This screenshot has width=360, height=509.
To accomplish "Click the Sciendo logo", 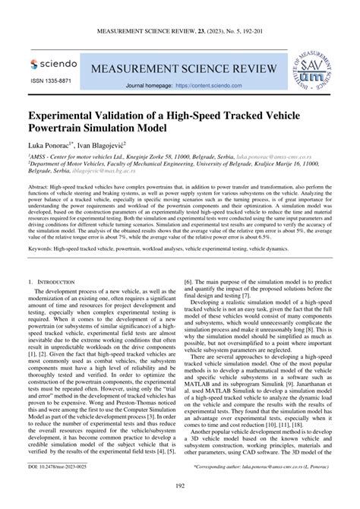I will [54, 65].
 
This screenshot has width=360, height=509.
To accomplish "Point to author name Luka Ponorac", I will [51, 144].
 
